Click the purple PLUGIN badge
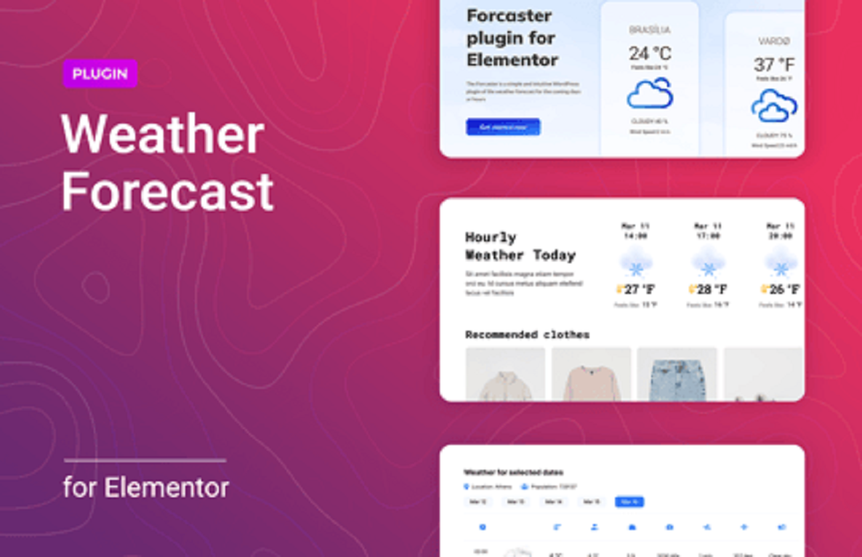click(x=100, y=73)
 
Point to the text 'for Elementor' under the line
click(x=146, y=487)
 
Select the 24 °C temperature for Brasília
click(x=650, y=53)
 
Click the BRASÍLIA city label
click(x=650, y=31)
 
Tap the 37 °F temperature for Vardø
click(x=774, y=65)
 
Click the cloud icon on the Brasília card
click(x=650, y=94)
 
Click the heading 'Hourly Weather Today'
click(x=520, y=247)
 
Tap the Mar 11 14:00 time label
click(x=635, y=231)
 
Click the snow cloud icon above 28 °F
click(x=707, y=262)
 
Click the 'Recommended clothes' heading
click(x=527, y=334)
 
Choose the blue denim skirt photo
click(x=677, y=374)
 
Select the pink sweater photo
click(x=591, y=374)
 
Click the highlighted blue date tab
click(x=629, y=502)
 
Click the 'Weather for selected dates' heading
click(x=513, y=473)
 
